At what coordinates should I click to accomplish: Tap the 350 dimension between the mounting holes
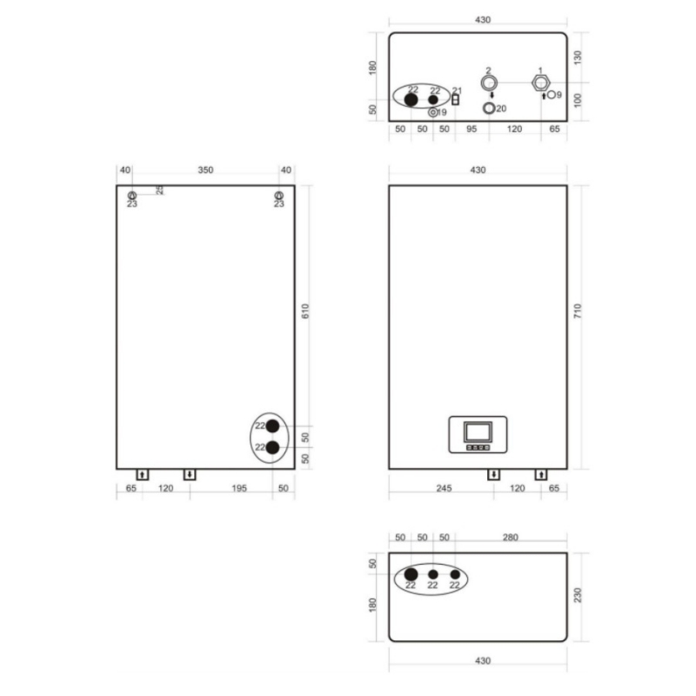pyautogui.click(x=205, y=171)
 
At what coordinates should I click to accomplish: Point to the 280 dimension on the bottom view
pyautogui.click(x=510, y=538)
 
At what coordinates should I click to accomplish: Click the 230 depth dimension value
pyautogui.click(x=578, y=596)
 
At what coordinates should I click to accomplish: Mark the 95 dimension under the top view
pyautogui.click(x=471, y=129)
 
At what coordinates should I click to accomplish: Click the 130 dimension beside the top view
pyautogui.click(x=578, y=57)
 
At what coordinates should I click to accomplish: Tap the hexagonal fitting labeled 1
pyautogui.click(x=541, y=84)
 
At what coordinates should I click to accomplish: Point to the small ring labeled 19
pyautogui.click(x=433, y=112)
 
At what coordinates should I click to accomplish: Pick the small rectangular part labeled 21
pyautogui.click(x=455, y=99)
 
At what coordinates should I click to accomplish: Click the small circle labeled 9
pyautogui.click(x=552, y=95)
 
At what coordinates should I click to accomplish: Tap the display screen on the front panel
pyautogui.click(x=477, y=431)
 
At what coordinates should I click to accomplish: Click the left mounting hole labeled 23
pyautogui.click(x=131, y=196)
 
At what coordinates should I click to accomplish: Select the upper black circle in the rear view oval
pyautogui.click(x=273, y=426)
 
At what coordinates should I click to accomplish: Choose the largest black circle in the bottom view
pyautogui.click(x=412, y=575)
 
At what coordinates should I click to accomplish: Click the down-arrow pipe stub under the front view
pyautogui.click(x=493, y=474)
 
